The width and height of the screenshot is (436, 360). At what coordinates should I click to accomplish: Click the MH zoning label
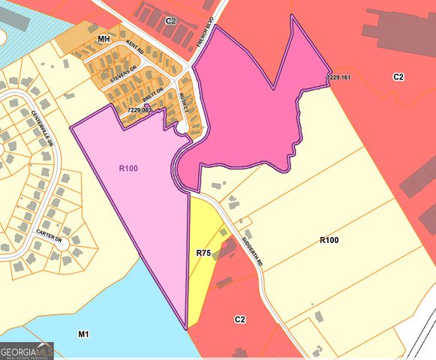click(x=104, y=37)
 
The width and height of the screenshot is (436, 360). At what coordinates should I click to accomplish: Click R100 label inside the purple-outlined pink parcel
click(x=128, y=169)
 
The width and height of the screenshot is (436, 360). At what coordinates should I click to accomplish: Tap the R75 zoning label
click(x=203, y=253)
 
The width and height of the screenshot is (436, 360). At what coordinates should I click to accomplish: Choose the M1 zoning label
click(x=83, y=332)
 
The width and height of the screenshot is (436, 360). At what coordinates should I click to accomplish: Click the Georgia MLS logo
click(x=27, y=350)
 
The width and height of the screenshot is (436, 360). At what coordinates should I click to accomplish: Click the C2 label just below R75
click(x=239, y=319)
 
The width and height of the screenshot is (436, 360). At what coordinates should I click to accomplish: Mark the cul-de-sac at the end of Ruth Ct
click(x=182, y=128)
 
